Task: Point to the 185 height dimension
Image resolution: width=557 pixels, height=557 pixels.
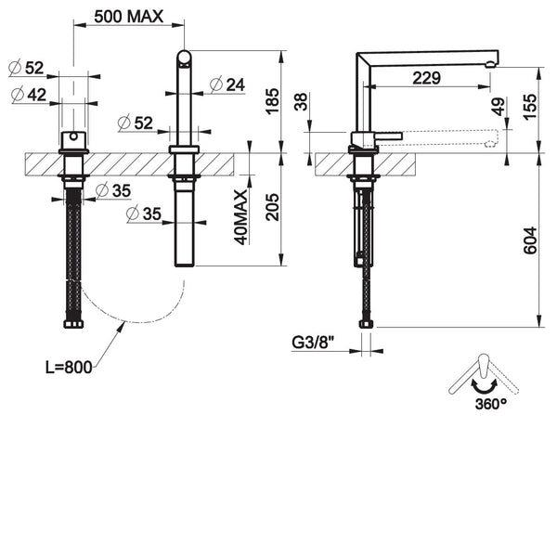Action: (272, 100)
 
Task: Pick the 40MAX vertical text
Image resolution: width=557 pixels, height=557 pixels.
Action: (240, 215)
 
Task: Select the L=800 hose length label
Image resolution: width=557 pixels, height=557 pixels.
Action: (69, 367)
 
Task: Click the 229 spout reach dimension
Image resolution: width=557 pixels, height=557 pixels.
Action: (426, 78)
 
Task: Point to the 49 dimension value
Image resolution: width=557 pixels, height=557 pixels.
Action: (499, 107)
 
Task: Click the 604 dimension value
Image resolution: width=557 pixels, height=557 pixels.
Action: (528, 240)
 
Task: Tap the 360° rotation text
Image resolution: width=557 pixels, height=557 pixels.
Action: (466, 405)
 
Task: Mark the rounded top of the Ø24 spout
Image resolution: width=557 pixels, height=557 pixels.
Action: (184, 58)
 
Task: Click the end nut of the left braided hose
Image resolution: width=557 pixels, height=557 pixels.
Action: (72, 325)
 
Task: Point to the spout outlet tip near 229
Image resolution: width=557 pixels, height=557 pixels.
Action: (492, 60)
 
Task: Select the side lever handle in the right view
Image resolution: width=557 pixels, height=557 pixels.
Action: (388, 136)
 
